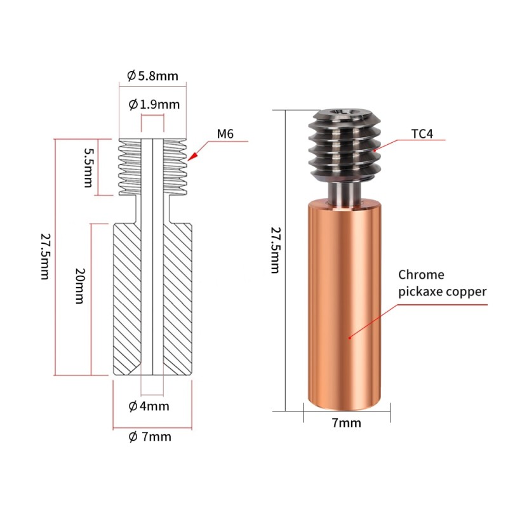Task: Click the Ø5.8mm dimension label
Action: pyautogui.click(x=152, y=76)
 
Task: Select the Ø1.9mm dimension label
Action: pyautogui.click(x=153, y=104)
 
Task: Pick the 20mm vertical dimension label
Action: pyautogui.click(x=79, y=286)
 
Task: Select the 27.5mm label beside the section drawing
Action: pyautogui.click(x=44, y=257)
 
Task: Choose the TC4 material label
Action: pyautogui.click(x=422, y=134)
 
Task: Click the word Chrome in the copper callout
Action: pyautogui.click(x=421, y=275)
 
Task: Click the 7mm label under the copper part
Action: pyautogui.click(x=346, y=423)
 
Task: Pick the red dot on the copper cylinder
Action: pyautogui.click(x=349, y=338)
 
